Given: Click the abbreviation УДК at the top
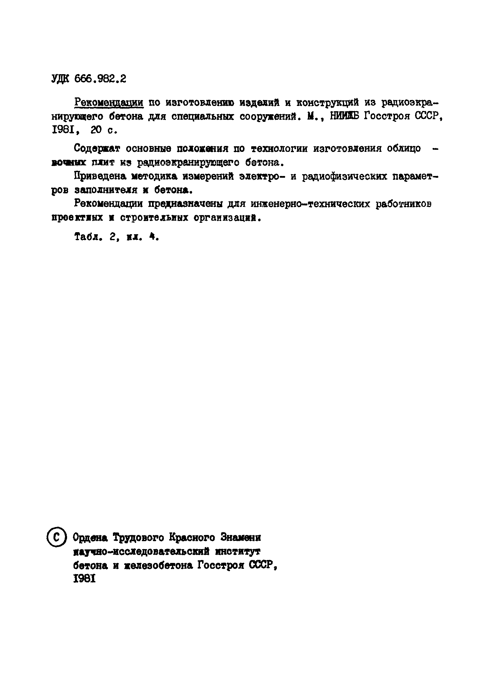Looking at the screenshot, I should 60,79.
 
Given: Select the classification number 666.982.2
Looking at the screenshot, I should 100,79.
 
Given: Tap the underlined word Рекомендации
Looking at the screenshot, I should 109,103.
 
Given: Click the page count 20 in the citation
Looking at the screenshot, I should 96,130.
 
